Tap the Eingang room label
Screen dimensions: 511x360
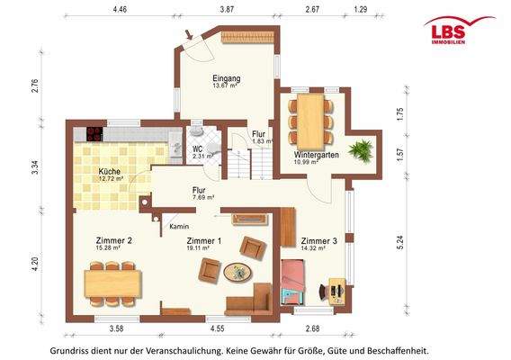pos(227,78)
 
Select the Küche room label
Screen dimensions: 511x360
pos(110,171)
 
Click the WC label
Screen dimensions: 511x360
pos(198,149)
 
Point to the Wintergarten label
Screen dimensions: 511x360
pos(317,155)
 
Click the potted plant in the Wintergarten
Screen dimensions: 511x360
pos(361,150)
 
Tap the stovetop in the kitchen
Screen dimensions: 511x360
pos(94,134)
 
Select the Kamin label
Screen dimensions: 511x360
pos(179,226)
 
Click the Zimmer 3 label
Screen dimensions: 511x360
pos(318,241)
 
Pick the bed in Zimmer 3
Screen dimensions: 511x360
pos(293,282)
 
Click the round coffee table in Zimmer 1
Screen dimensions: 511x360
pos(238,272)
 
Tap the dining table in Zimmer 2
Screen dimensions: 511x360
pos(112,283)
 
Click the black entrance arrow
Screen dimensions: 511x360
pos(189,34)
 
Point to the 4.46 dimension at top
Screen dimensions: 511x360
pos(120,9)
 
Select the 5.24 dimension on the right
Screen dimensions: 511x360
pos(400,242)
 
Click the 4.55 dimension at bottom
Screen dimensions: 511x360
pos(217,328)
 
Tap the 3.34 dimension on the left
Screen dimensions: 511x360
pos(35,167)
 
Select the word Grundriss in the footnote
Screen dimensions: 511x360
pos(67,351)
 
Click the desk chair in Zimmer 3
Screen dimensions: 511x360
pos(323,292)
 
